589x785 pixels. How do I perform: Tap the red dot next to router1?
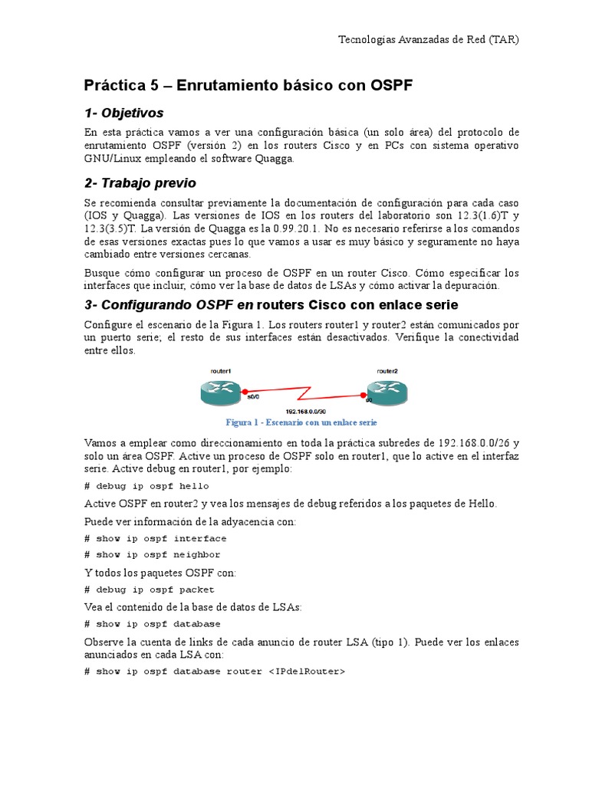[245, 391]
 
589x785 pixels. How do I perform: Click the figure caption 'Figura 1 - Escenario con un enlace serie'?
[301, 422]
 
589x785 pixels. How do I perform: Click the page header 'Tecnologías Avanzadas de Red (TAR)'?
[429, 40]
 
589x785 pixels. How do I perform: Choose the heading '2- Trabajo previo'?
[140, 182]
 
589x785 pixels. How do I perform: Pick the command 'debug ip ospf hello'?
[152, 486]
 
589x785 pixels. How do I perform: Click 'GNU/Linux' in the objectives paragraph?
[115, 159]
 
